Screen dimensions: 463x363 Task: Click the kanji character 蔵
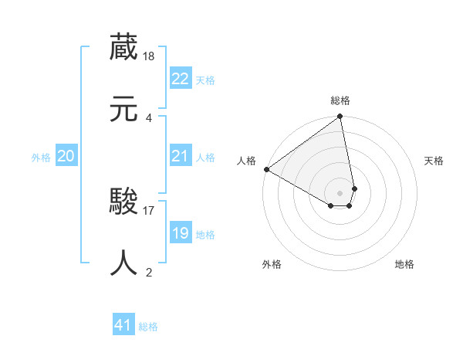coord(124,48)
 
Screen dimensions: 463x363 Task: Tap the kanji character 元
coord(124,109)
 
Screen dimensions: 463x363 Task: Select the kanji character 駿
coord(124,202)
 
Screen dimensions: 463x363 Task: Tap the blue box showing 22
coord(181,79)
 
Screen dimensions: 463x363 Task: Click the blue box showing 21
coord(181,156)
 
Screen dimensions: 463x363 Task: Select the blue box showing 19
coord(181,233)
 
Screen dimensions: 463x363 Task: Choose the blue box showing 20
coord(66,156)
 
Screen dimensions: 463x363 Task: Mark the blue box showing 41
coord(123,325)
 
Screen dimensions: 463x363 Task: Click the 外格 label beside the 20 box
coord(41,158)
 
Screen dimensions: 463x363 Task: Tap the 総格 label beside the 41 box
coord(148,327)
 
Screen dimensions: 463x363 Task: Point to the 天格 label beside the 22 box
coord(205,80)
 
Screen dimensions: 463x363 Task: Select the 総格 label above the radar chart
coord(340,101)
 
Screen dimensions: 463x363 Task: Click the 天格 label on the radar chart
coord(434,161)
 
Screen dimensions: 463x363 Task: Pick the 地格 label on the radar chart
coord(404,264)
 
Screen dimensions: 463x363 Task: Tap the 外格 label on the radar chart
coord(272,264)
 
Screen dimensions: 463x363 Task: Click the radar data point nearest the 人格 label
coord(266,169)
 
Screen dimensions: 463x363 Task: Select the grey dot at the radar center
coord(340,192)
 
